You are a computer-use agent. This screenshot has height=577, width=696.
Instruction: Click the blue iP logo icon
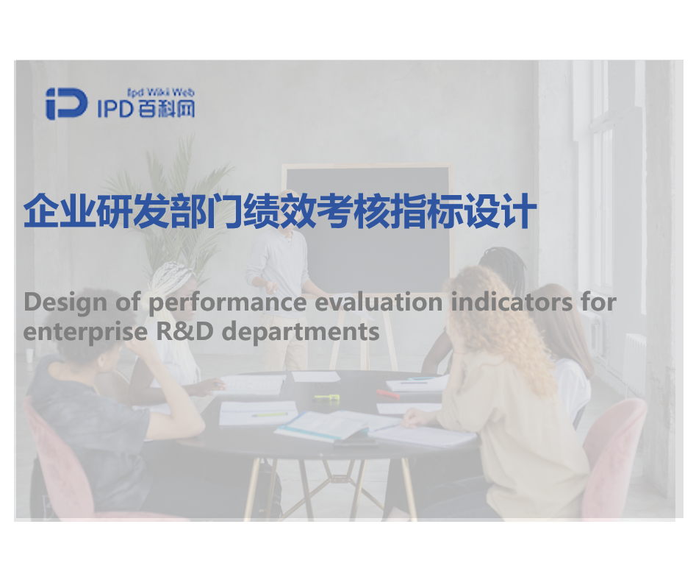[67, 104]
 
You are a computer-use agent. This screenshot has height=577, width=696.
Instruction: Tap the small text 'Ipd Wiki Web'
[161, 93]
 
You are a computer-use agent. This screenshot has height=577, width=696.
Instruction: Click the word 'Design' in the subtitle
[65, 302]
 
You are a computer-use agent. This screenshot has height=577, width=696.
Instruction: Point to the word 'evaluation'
[379, 302]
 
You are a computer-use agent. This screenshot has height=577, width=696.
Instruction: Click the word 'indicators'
[512, 302]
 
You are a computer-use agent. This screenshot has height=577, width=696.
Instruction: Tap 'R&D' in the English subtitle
[184, 332]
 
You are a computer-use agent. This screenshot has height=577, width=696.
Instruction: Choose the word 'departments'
[301, 333]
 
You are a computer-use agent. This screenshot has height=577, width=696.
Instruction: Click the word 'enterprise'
[85, 333]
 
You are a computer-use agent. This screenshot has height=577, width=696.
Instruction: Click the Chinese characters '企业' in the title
[60, 210]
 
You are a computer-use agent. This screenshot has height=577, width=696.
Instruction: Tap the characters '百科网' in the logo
[166, 108]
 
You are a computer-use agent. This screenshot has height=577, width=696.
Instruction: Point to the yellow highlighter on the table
[326, 397]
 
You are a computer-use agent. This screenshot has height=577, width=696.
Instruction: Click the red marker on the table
[387, 394]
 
